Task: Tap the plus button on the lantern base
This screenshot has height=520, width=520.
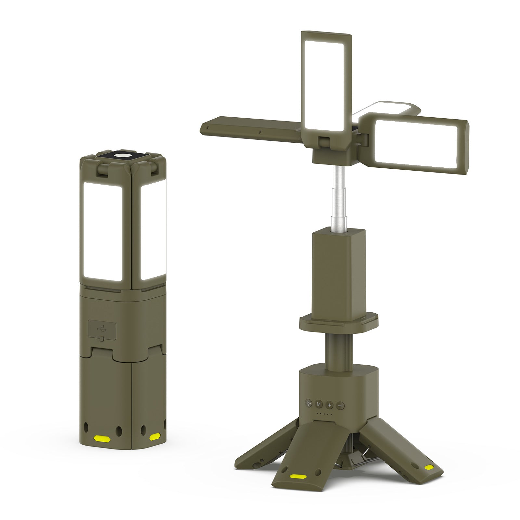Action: [329, 405]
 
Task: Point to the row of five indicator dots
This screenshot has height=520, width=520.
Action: [324, 414]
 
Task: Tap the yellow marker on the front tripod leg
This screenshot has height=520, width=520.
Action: [298, 476]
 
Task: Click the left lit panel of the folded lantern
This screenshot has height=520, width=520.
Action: [103, 231]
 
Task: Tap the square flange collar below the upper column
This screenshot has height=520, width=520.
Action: [338, 323]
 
